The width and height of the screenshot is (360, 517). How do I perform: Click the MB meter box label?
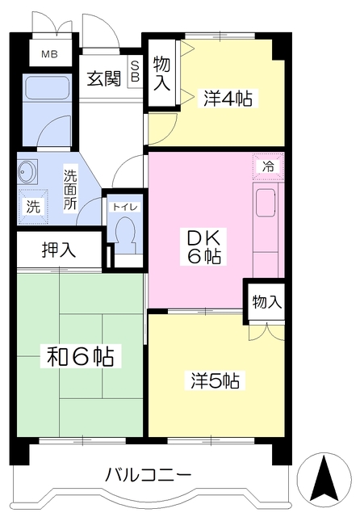(50, 54)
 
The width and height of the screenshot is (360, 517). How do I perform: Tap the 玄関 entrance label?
(104, 78)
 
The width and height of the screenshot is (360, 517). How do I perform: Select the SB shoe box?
(135, 72)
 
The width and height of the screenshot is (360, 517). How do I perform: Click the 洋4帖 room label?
(228, 99)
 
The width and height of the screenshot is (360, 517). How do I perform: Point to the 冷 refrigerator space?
(269, 166)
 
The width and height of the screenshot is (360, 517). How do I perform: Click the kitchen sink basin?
(266, 203)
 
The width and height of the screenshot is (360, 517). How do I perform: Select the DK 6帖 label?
(204, 246)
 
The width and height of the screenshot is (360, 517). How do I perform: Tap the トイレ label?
(125, 208)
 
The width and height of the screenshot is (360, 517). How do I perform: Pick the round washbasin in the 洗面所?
(27, 171)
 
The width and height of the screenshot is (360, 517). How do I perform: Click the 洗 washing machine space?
(32, 207)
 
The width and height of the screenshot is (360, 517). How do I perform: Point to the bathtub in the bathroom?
(47, 87)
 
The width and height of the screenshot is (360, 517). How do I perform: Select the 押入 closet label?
(59, 250)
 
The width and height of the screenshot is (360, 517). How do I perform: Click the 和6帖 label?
(81, 357)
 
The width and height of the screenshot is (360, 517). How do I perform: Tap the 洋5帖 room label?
(216, 380)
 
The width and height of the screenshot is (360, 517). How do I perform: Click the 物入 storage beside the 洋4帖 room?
(161, 73)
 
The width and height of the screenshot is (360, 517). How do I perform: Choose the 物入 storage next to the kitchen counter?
(266, 301)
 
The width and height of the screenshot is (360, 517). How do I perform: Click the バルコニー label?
(149, 476)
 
